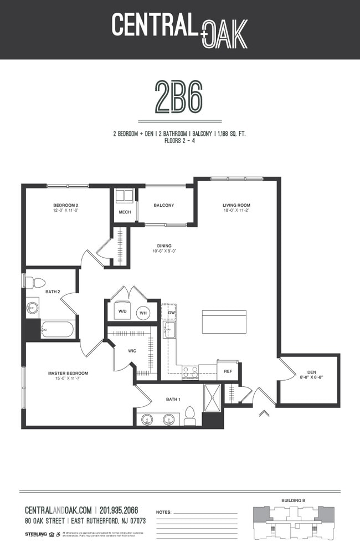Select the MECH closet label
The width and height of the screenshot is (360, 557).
(x=124, y=212)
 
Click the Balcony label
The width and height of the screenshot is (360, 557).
(x=164, y=206)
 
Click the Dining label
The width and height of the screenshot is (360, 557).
(x=164, y=246)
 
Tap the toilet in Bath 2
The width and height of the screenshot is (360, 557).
(x=35, y=283)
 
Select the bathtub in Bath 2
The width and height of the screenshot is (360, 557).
(x=58, y=329)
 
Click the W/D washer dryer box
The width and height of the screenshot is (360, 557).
(x=122, y=312)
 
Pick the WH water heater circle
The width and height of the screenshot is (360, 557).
(x=142, y=313)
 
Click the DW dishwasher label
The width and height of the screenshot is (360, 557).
(x=172, y=313)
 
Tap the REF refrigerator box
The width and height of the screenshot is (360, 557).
(x=228, y=371)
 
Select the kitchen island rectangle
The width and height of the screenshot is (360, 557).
(x=224, y=321)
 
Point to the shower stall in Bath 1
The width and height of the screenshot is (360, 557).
(x=212, y=397)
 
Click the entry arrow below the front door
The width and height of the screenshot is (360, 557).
(x=264, y=412)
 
